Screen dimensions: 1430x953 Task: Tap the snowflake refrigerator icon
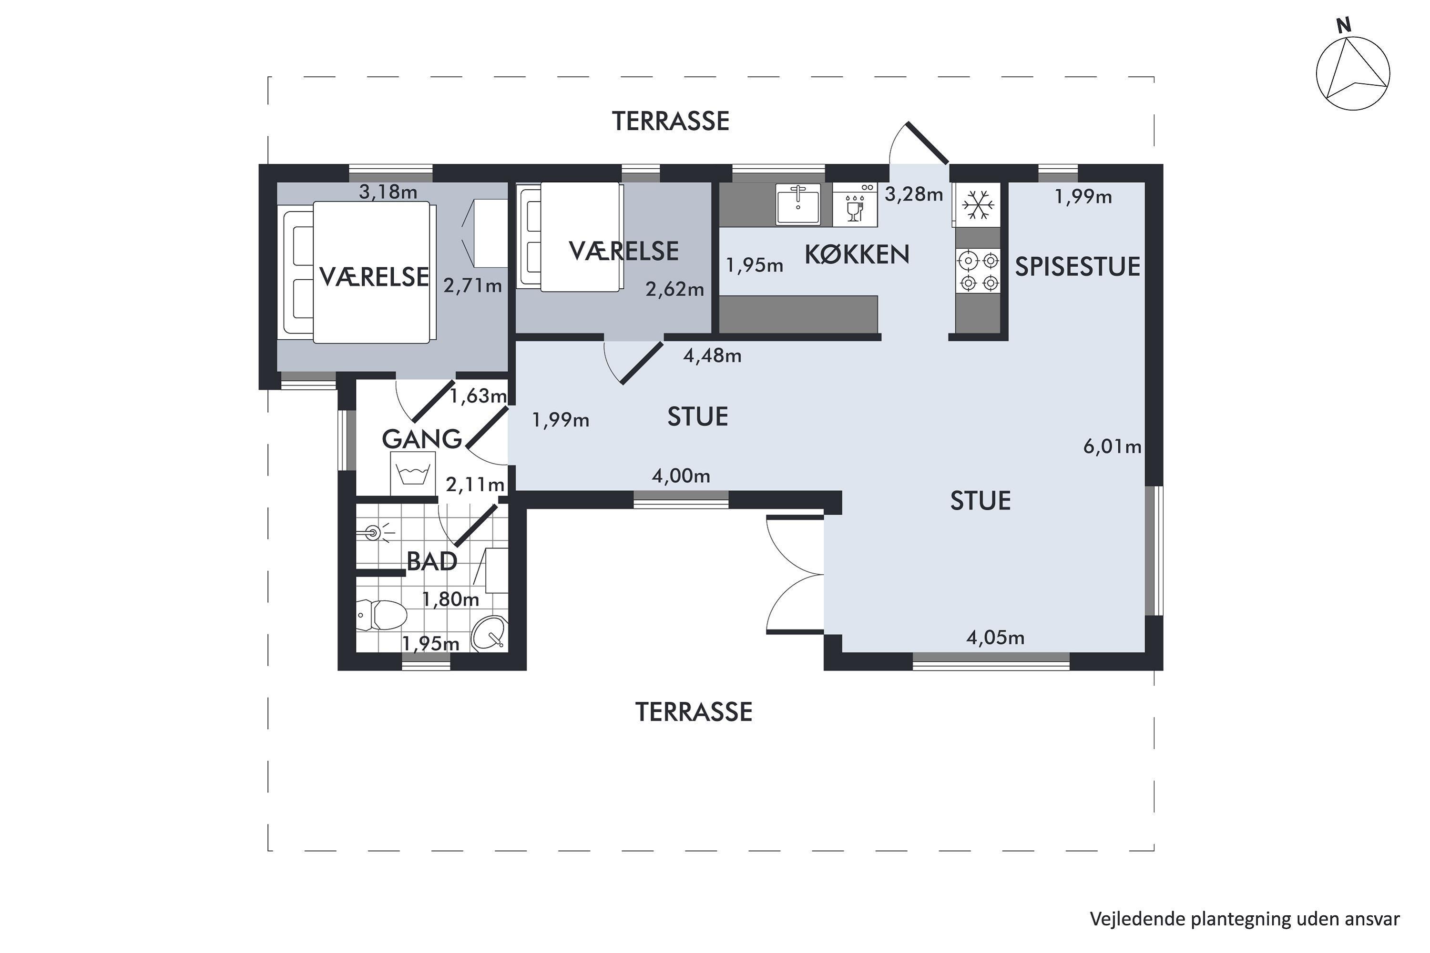(x=978, y=205)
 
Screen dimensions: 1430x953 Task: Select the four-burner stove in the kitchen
(x=978, y=271)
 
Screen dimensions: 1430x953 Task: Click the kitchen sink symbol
(x=797, y=205)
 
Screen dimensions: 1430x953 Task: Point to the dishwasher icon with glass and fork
(x=855, y=205)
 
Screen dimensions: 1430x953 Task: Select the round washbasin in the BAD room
(x=490, y=633)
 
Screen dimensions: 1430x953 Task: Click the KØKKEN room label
(x=857, y=254)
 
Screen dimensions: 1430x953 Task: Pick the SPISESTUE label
(x=1077, y=267)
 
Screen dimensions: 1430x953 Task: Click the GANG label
(x=422, y=439)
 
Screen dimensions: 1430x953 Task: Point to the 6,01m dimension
(x=1112, y=447)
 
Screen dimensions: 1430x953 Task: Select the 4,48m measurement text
(x=712, y=355)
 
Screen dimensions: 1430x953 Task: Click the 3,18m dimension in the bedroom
(x=388, y=192)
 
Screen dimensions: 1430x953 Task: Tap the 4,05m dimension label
(x=995, y=638)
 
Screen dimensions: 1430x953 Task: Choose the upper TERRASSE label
(x=670, y=122)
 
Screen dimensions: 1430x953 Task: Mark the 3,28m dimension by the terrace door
(x=913, y=194)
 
